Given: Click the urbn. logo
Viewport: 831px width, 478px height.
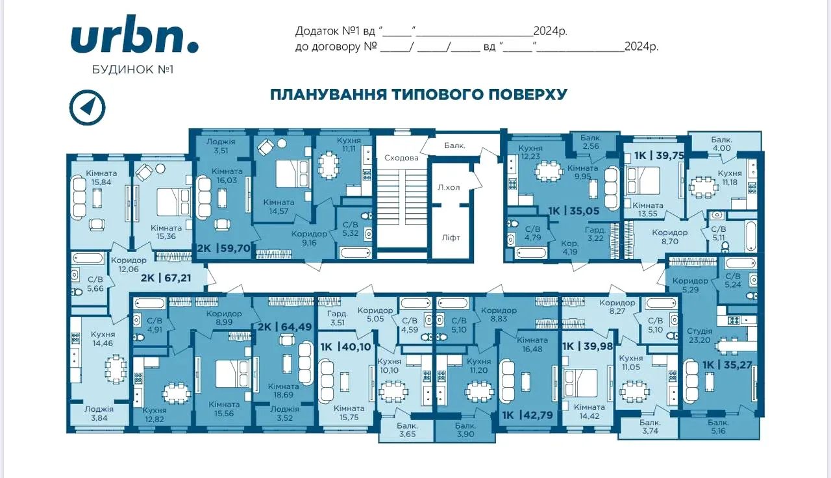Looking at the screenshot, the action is pyautogui.click(x=134, y=34).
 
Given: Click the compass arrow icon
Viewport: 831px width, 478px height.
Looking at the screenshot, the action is pyautogui.click(x=88, y=107).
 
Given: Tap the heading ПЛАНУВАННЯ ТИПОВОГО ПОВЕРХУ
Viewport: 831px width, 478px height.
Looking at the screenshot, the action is pyautogui.click(x=419, y=94).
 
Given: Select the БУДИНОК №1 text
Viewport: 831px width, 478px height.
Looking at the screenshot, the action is pyautogui.click(x=132, y=69).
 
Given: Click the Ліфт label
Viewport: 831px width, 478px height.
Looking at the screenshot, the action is pyautogui.click(x=451, y=238).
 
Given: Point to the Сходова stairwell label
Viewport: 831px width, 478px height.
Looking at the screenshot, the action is pyautogui.click(x=401, y=158).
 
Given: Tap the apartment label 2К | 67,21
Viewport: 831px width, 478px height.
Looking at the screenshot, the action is pyautogui.click(x=166, y=277).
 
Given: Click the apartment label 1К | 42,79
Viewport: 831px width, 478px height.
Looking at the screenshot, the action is pyautogui.click(x=527, y=415).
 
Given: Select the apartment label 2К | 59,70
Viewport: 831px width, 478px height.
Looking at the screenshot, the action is pyautogui.click(x=224, y=248).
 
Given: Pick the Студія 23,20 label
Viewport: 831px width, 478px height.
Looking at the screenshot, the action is pyautogui.click(x=699, y=335).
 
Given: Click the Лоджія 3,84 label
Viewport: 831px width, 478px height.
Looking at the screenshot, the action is pyautogui.click(x=99, y=414).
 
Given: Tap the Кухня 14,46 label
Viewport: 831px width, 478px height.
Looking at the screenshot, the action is pyautogui.click(x=103, y=339).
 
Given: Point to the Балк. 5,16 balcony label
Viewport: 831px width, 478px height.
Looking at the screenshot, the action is pyautogui.click(x=718, y=427).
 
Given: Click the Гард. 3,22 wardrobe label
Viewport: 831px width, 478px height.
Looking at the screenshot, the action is pyautogui.click(x=595, y=234).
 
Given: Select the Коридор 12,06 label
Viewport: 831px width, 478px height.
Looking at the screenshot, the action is pyautogui.click(x=129, y=265).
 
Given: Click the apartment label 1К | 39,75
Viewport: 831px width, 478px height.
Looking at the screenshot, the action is pyautogui.click(x=659, y=155).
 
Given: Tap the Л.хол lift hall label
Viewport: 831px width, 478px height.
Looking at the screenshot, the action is pyautogui.click(x=449, y=188).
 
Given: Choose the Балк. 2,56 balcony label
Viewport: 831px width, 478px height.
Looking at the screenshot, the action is pyautogui.click(x=591, y=142).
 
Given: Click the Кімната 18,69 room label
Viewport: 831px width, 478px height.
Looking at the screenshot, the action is pyautogui.click(x=284, y=390).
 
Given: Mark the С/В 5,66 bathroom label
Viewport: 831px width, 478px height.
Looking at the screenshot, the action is pyautogui.click(x=95, y=284).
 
